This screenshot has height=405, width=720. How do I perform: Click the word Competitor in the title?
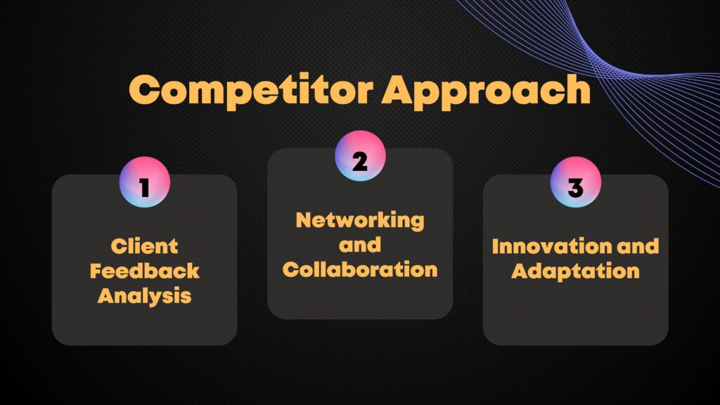point(251,91)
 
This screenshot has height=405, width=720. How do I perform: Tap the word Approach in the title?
point(487,91)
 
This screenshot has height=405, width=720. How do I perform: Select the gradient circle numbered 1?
point(145,182)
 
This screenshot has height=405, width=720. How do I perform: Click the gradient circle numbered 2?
point(360,156)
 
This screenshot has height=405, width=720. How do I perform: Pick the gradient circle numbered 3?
point(576,182)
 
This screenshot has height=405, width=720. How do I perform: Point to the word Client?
point(144,246)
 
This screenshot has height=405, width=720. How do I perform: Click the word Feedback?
point(145,271)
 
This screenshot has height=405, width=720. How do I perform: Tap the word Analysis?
point(145,296)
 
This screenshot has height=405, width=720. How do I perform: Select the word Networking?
point(360,221)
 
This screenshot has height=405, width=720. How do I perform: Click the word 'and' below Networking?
point(360,245)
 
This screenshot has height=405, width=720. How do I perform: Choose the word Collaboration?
point(360,269)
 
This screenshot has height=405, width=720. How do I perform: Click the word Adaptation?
point(575,271)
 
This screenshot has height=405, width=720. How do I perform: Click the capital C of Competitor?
point(145,89)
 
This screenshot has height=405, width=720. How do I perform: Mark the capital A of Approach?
point(400,89)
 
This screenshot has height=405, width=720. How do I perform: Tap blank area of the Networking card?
point(360,298)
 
